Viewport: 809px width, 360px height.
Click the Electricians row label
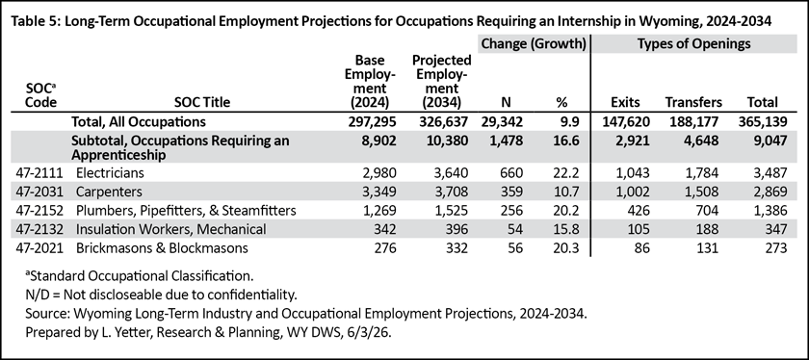(110, 172)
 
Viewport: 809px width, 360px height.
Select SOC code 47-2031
(44, 192)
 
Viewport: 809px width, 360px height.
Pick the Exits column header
(625, 102)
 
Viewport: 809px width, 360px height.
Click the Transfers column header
(693, 102)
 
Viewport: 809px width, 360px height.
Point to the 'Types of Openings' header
(693, 44)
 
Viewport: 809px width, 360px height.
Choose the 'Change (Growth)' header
(534, 44)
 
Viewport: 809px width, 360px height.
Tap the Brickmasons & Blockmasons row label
(162, 248)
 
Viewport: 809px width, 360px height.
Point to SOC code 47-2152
(44, 211)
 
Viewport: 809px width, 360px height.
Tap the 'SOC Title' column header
(201, 102)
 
